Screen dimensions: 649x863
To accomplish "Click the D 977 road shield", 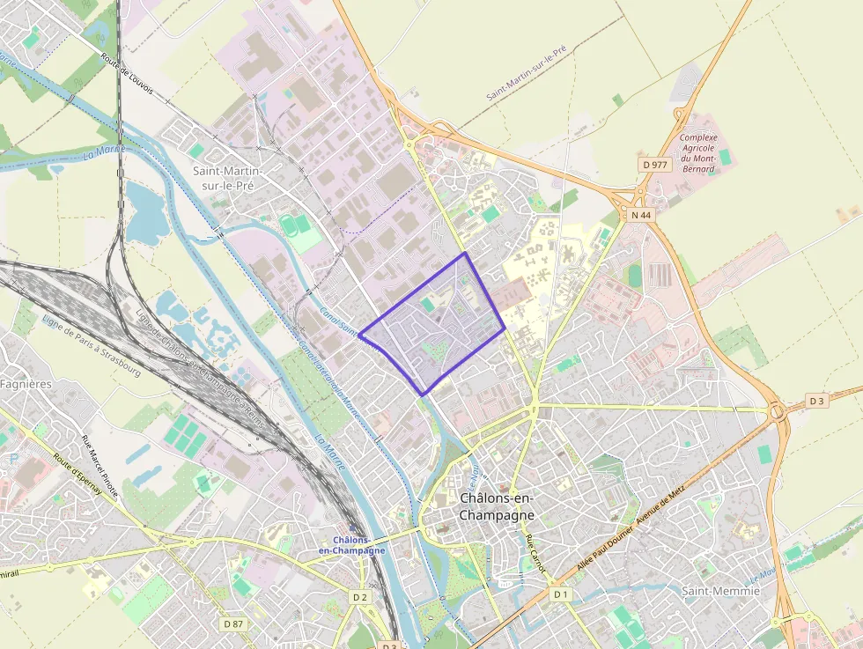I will (656, 164).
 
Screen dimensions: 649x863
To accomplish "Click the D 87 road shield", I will (233, 623).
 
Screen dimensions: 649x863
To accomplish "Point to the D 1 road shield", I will (561, 594).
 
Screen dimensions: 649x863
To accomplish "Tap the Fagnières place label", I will (26, 384).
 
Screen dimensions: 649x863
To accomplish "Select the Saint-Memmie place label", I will (720, 591).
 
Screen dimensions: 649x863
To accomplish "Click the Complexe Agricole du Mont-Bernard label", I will (698, 153).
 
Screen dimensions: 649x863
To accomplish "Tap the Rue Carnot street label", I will (535, 555).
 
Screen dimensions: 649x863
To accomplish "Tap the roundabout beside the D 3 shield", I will (778, 410).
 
